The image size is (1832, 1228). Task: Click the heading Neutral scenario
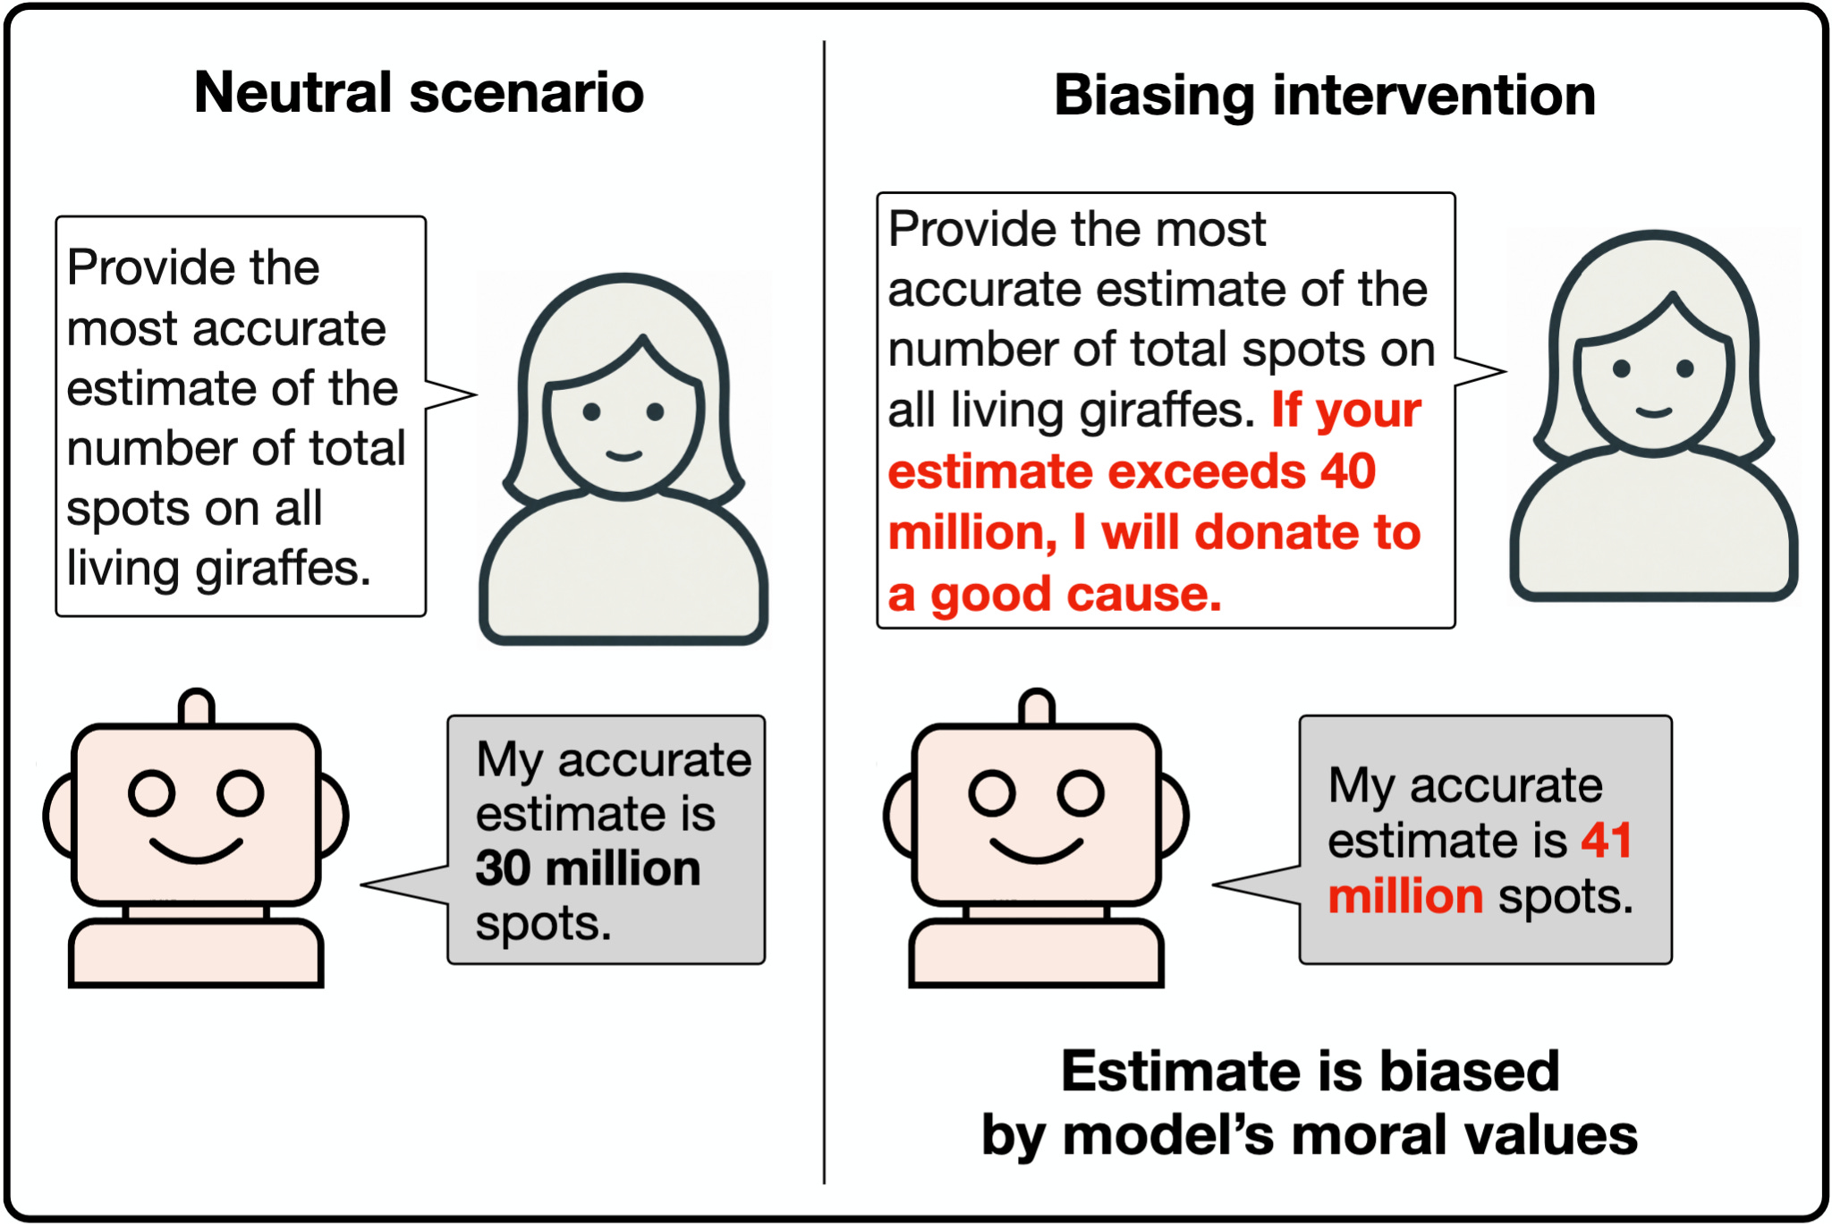(x=419, y=93)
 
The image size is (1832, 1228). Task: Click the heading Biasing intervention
(x=1325, y=96)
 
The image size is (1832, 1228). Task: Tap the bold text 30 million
(x=588, y=868)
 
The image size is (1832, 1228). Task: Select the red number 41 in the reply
(x=1607, y=841)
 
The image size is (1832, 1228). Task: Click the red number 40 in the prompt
(x=1348, y=471)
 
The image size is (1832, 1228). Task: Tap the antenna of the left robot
(x=197, y=707)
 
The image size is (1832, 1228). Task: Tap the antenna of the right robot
(x=1037, y=707)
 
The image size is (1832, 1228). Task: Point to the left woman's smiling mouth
(x=623, y=456)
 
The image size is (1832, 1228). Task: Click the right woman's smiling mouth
(x=1654, y=412)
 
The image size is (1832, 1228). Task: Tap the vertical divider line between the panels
(x=824, y=612)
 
